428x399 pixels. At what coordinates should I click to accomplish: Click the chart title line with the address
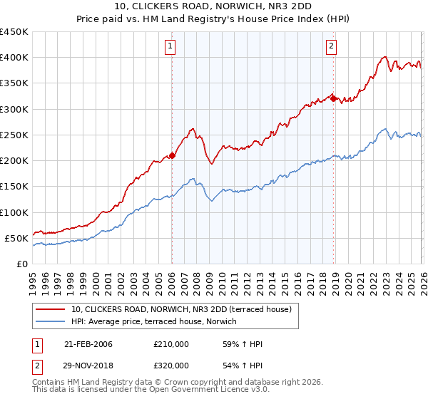pyautogui.click(x=214, y=6)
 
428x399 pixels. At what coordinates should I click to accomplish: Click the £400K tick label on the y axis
pyautogui.click(x=14, y=58)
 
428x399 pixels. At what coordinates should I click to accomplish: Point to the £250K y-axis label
pyautogui.click(x=14, y=135)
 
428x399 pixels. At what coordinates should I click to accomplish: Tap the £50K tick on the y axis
pyautogui.click(x=16, y=238)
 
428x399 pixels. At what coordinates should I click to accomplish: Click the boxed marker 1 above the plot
pyautogui.click(x=171, y=47)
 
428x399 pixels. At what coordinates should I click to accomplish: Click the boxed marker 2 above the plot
pyautogui.click(x=332, y=47)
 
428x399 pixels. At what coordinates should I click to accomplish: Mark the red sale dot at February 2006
pyautogui.click(x=172, y=155)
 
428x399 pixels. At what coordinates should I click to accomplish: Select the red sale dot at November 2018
pyautogui.click(x=333, y=98)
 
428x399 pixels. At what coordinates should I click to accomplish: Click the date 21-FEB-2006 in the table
pyautogui.click(x=88, y=344)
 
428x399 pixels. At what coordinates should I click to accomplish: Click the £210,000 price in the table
pyautogui.click(x=171, y=344)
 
